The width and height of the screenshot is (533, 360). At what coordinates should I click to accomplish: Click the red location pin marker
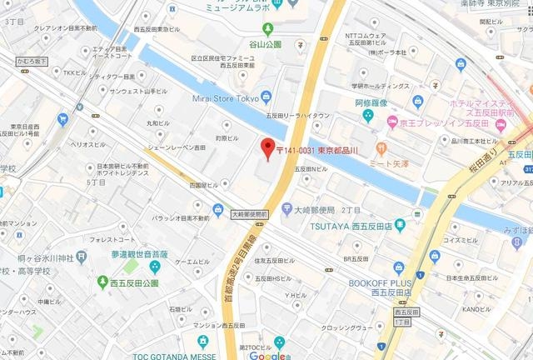tap(267, 147)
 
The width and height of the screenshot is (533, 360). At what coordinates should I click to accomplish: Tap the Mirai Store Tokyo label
tap(226, 98)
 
